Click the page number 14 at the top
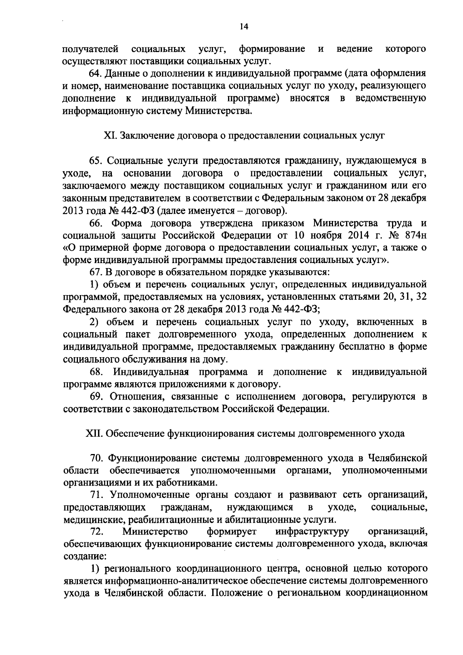(x=243, y=27)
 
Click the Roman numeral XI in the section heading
(x=111, y=136)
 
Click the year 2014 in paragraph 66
(x=354, y=236)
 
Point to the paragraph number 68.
(x=96, y=372)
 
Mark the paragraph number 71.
(x=96, y=495)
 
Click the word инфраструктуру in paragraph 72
(x=313, y=532)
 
